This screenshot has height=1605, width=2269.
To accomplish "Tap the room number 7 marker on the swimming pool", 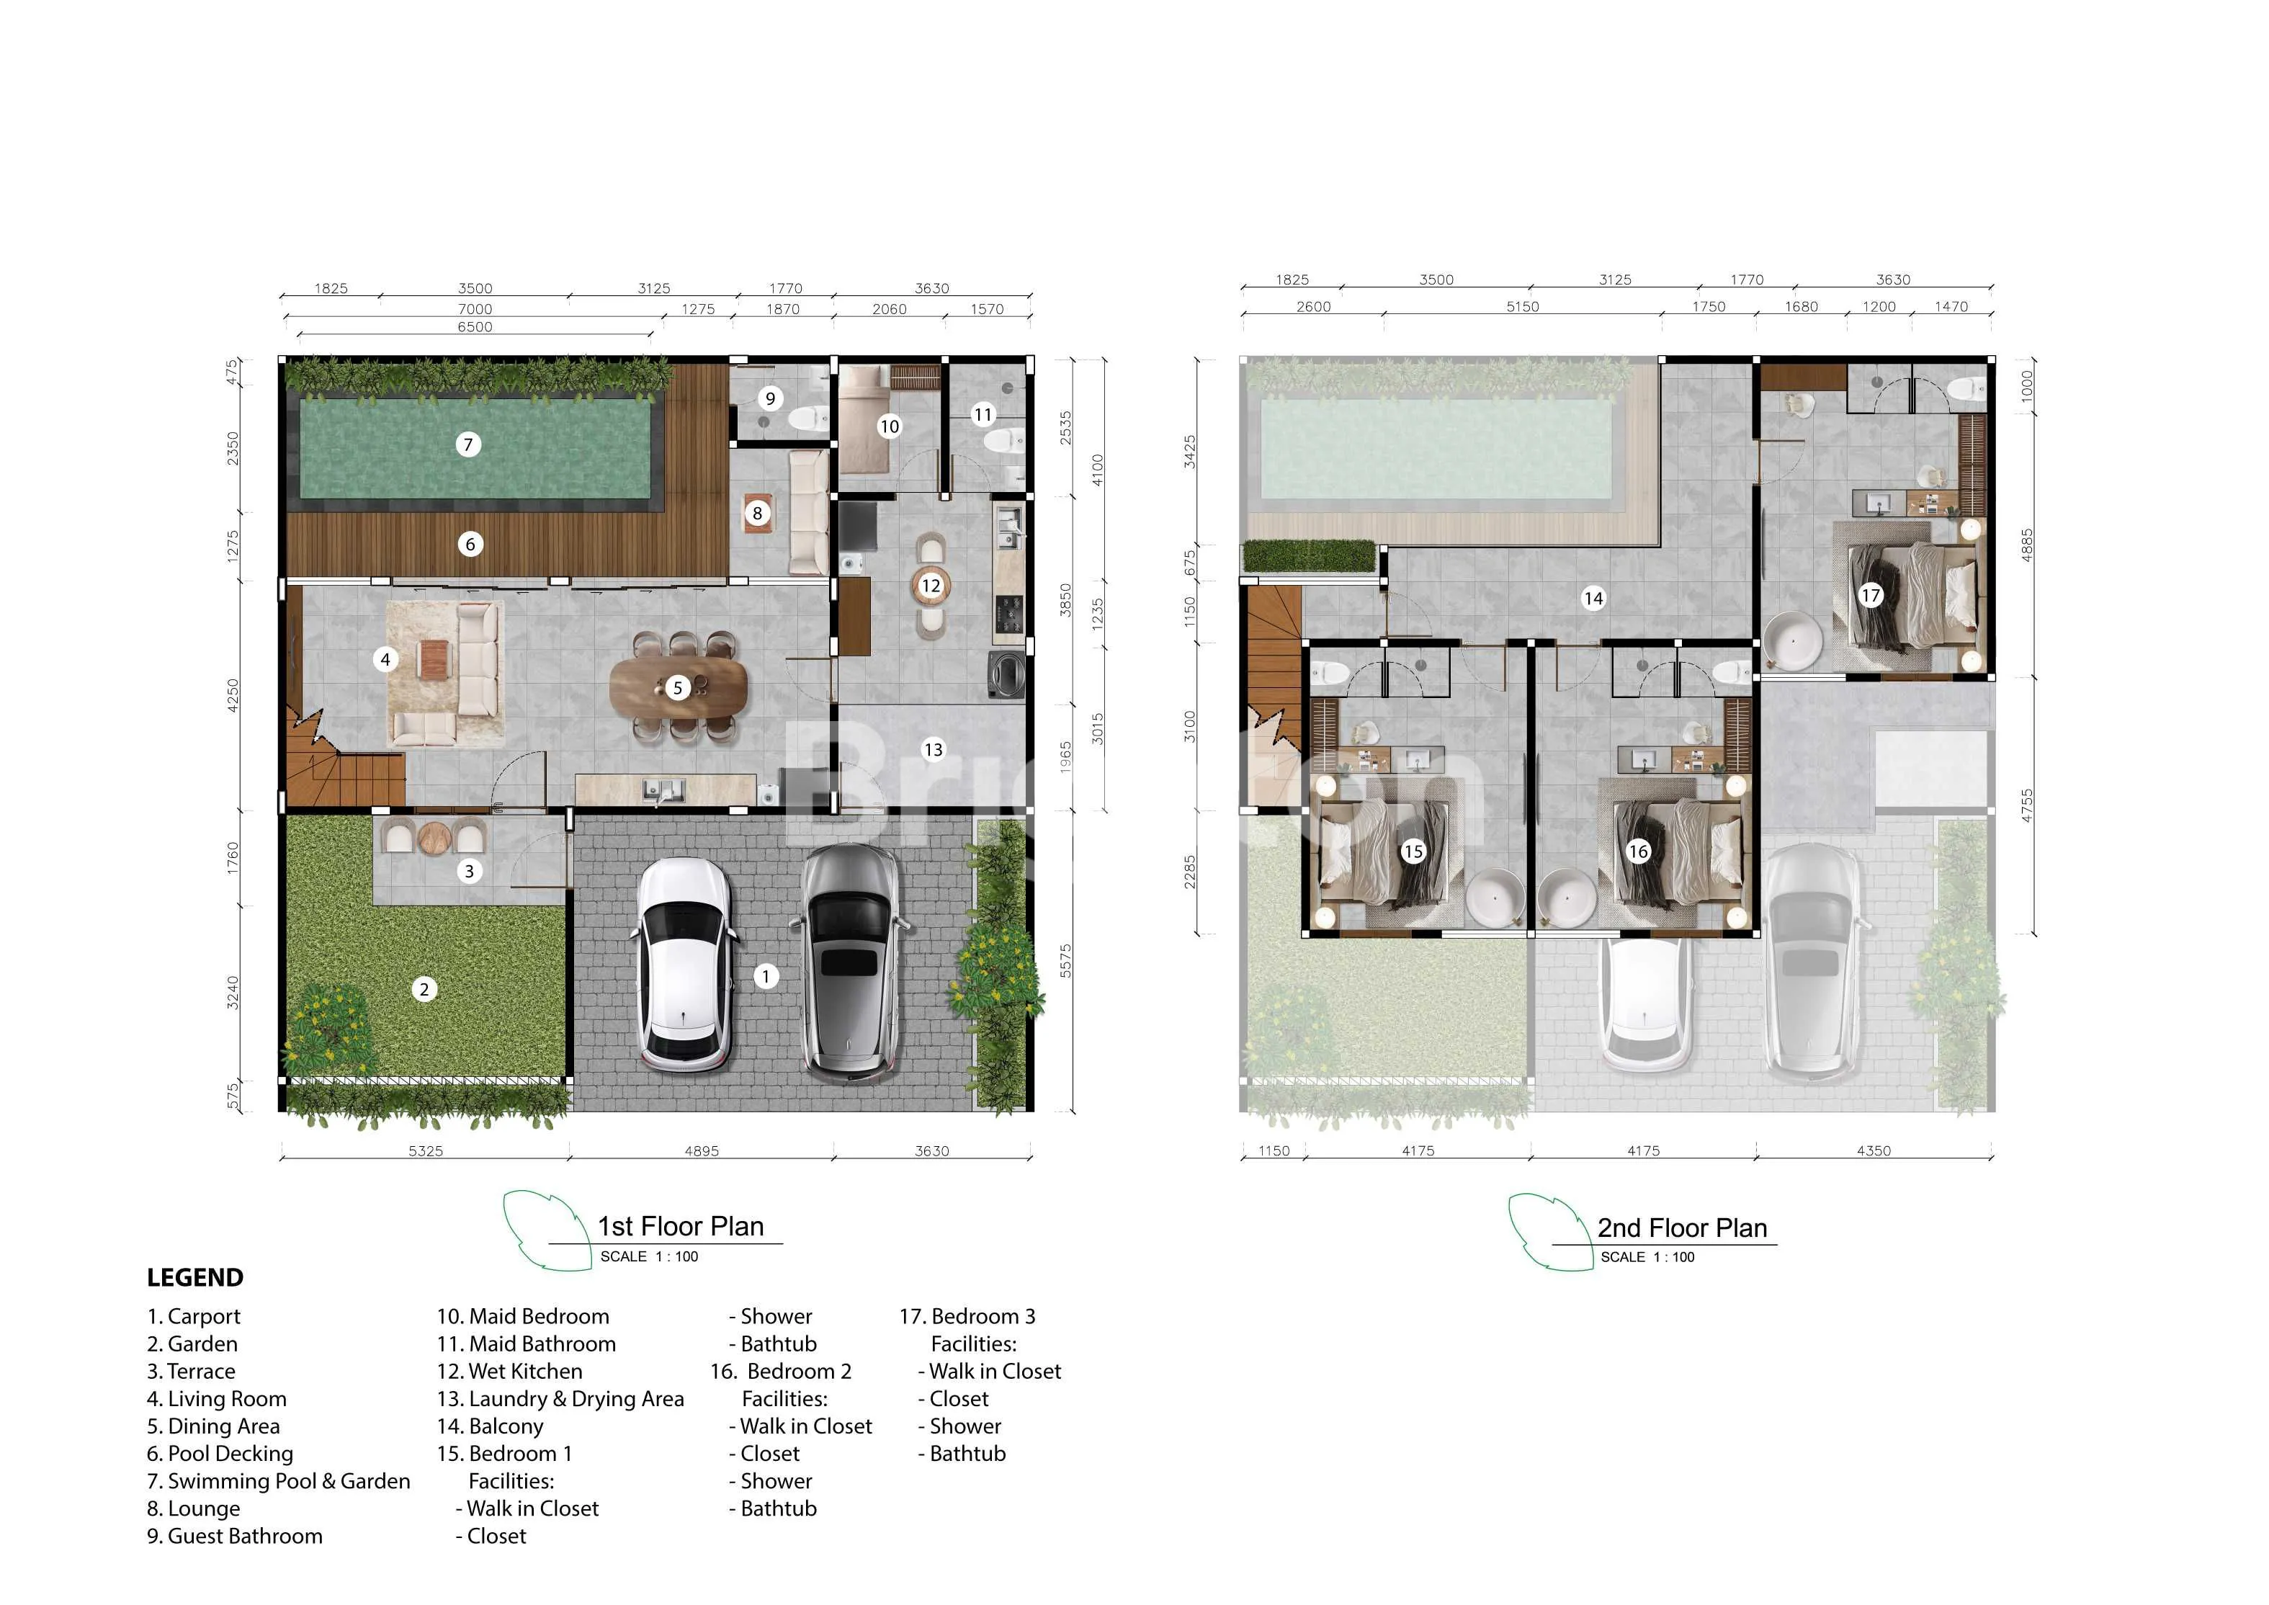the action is tap(468, 444).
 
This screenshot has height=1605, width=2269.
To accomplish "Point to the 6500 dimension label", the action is tap(475, 327).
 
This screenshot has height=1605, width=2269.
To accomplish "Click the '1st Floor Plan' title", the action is tap(681, 1227).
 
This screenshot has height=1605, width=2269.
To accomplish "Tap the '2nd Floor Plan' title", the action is tap(1682, 1228).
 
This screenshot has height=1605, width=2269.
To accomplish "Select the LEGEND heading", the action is tap(194, 1277).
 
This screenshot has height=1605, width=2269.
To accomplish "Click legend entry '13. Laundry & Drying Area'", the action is tap(560, 1398).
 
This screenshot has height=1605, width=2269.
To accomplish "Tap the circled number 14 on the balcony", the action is tap(1593, 598).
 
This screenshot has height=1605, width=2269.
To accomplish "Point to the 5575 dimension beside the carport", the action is tap(1065, 962).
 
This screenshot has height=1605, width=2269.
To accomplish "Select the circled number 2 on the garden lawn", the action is tap(424, 989).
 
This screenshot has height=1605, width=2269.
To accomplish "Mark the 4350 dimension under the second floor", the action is tap(1874, 1150).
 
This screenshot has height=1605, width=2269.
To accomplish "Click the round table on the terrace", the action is tap(435, 838).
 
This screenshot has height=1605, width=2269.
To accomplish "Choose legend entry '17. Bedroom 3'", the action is tap(967, 1316).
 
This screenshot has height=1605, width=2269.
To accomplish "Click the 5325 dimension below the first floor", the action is tap(426, 1150).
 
